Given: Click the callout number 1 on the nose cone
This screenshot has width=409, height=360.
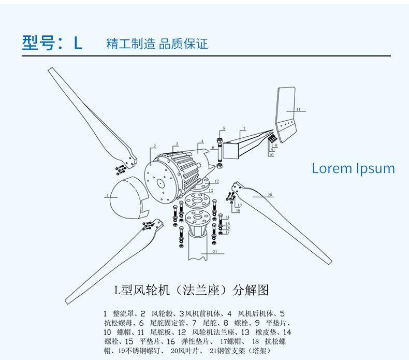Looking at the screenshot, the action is point(107,195).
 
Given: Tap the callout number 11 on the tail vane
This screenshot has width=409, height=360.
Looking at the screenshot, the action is point(298,109).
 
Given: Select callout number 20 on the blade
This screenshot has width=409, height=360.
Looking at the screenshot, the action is point(270,195).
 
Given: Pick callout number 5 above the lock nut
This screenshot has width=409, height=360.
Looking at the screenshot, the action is point(224,127).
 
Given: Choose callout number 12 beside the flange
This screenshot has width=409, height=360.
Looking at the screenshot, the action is point(217,181).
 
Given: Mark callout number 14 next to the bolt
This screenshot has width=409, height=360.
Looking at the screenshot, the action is point(227,217).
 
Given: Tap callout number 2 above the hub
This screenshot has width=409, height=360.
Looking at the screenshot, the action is point(154,148).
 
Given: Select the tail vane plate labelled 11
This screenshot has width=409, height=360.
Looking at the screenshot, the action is point(287,114).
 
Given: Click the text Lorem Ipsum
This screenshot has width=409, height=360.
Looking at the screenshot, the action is point(353,168).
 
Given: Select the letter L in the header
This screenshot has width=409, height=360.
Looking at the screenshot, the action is point(78,43).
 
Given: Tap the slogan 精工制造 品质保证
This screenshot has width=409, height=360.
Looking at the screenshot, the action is point(157,44).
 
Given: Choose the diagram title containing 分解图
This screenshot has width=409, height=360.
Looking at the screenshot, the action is point(192,289).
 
